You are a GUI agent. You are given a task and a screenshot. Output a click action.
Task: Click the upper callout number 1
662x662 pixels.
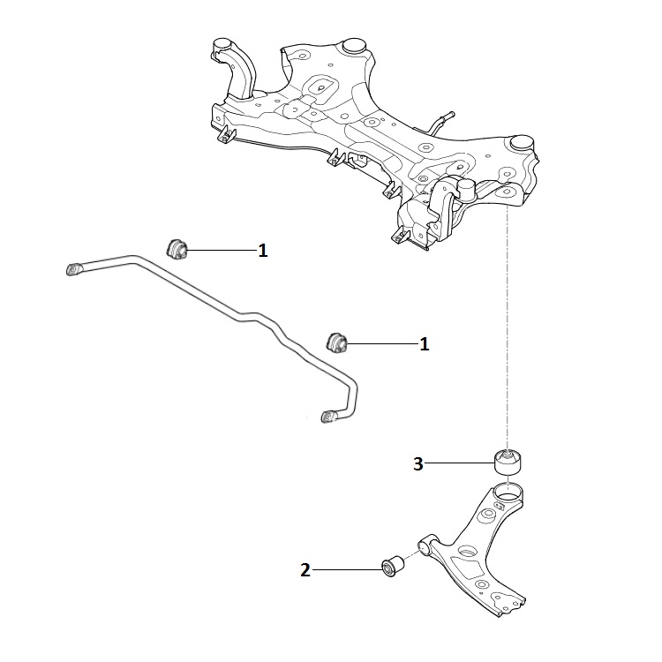click(x=262, y=252)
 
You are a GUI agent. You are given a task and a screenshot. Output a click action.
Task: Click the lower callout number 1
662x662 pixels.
click(x=425, y=344)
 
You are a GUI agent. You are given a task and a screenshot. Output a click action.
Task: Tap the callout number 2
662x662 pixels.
click(x=305, y=570)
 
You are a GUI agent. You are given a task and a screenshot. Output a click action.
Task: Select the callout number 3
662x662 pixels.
click(x=419, y=463)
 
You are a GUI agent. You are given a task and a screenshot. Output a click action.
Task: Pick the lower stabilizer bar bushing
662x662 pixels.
click(x=338, y=340)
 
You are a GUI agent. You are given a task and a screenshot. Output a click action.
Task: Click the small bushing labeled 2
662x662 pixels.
click(x=391, y=565)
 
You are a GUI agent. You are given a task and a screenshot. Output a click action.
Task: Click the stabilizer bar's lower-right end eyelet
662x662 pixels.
click(x=329, y=415)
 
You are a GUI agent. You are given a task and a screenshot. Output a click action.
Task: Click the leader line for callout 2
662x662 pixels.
click(x=348, y=570)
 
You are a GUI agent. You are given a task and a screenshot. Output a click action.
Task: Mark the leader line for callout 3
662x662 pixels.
click(x=459, y=463)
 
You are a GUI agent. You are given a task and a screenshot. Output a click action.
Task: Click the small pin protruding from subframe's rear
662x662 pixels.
click(x=446, y=115)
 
